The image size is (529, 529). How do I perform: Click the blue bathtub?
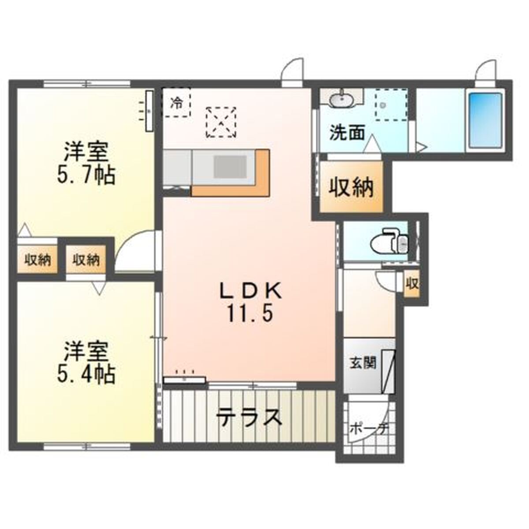485,120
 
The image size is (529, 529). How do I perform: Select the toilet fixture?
390,242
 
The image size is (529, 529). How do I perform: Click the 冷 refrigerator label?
176,103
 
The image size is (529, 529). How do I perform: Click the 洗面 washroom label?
347,133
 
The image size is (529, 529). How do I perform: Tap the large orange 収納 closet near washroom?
352,186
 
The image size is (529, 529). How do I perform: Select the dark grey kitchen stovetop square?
230,166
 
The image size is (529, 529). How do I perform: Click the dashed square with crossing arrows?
221,123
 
